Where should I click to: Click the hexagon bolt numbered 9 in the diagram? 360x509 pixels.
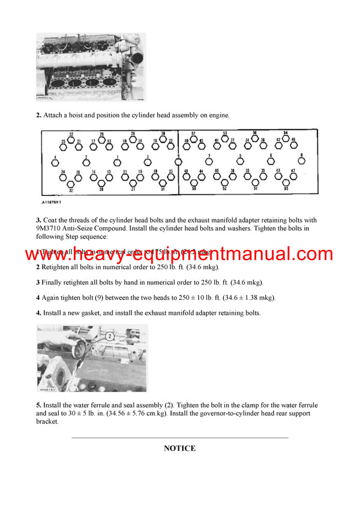click(x=178, y=161)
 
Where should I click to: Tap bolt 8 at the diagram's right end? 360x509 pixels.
click(x=302, y=161)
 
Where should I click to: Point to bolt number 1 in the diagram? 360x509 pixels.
click(x=118, y=162)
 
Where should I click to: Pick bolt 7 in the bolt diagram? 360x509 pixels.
click(x=209, y=161)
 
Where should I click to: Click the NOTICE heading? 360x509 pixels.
click(x=179, y=448)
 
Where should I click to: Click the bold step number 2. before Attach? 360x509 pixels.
click(x=38, y=115)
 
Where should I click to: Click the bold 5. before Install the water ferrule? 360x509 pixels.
click(x=38, y=406)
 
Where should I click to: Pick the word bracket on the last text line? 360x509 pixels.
click(x=47, y=421)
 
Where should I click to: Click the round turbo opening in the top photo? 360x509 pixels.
click(x=137, y=59)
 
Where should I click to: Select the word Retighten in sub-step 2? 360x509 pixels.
click(x=58, y=267)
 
